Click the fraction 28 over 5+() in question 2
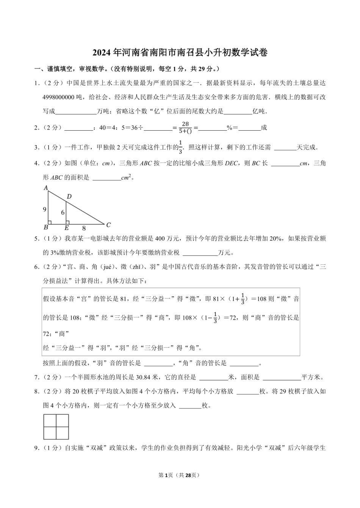185,127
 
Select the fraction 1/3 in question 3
180,147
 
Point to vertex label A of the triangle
46,188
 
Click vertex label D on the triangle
69,197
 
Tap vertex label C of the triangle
108,225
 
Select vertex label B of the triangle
46,228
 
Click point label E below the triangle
67,228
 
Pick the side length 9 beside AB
45,209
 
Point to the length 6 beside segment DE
63,213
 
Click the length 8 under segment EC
84,228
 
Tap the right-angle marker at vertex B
50,222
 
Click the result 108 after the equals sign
261,299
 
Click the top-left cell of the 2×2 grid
50,420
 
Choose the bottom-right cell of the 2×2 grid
62,433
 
